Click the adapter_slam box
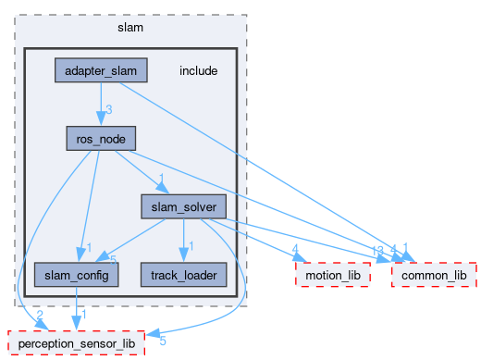(x=102, y=71)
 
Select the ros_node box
(x=101, y=139)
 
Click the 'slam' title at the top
(x=130, y=27)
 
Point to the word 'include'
(x=198, y=71)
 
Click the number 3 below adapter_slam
(x=108, y=110)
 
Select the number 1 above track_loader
(x=191, y=246)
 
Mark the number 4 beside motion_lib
(x=294, y=249)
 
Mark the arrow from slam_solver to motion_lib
(x=268, y=241)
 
